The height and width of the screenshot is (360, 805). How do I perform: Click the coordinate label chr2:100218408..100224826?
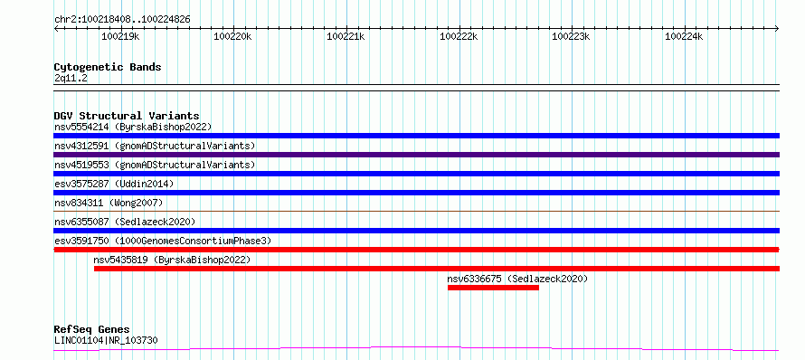tap(122, 20)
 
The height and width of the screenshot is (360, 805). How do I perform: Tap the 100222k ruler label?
tap(459, 36)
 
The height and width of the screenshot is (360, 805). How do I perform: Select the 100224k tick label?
tap(685, 36)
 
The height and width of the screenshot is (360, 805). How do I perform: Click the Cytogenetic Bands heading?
tap(108, 67)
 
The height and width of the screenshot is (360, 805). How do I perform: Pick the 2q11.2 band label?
tap(71, 79)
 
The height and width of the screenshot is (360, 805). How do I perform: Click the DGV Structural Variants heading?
tap(127, 116)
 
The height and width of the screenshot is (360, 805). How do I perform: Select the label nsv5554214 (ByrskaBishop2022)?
tap(133, 127)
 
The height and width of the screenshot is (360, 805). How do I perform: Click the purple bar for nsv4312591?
tap(416, 155)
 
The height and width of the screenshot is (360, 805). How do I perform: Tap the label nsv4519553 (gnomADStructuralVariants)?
tap(155, 165)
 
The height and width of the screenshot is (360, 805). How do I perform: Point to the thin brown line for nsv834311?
tap(416, 211)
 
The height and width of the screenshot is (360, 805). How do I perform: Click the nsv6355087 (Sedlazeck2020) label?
tap(125, 222)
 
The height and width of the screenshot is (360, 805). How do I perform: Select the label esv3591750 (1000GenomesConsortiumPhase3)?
tap(163, 241)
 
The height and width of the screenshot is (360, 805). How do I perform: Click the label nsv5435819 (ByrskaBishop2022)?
tap(172, 260)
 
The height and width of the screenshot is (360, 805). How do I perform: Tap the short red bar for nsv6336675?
tap(493, 288)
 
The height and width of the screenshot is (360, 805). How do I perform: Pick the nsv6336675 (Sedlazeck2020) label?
tap(517, 279)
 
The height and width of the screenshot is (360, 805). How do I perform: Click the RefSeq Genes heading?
tap(91, 329)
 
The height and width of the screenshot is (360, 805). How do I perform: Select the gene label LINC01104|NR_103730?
tap(106, 340)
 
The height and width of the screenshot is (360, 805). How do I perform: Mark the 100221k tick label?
tap(346, 36)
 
